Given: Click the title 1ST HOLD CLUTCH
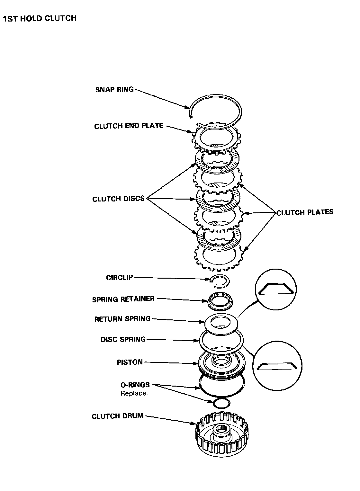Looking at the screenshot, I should tap(40, 18).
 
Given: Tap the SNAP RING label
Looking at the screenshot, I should tap(114, 89).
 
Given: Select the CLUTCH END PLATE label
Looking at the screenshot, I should tap(129, 126).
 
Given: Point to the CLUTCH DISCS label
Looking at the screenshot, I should tap(119, 199).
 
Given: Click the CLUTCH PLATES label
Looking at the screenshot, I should tap(305, 212).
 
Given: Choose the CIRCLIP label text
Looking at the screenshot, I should tap(120, 277).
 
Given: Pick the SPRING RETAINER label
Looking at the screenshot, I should tap(123, 299).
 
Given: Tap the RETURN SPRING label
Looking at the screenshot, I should tap(122, 319).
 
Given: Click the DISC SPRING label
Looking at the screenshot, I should tap(123, 339).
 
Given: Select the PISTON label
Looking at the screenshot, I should tap(130, 362).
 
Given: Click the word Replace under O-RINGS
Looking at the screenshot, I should tap(134, 393).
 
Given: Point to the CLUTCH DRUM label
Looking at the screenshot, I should tap(118, 416).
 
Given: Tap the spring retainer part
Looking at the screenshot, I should tap(220, 301).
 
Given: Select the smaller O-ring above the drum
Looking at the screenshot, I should tap(221, 403).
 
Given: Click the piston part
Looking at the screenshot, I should tap(221, 364).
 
